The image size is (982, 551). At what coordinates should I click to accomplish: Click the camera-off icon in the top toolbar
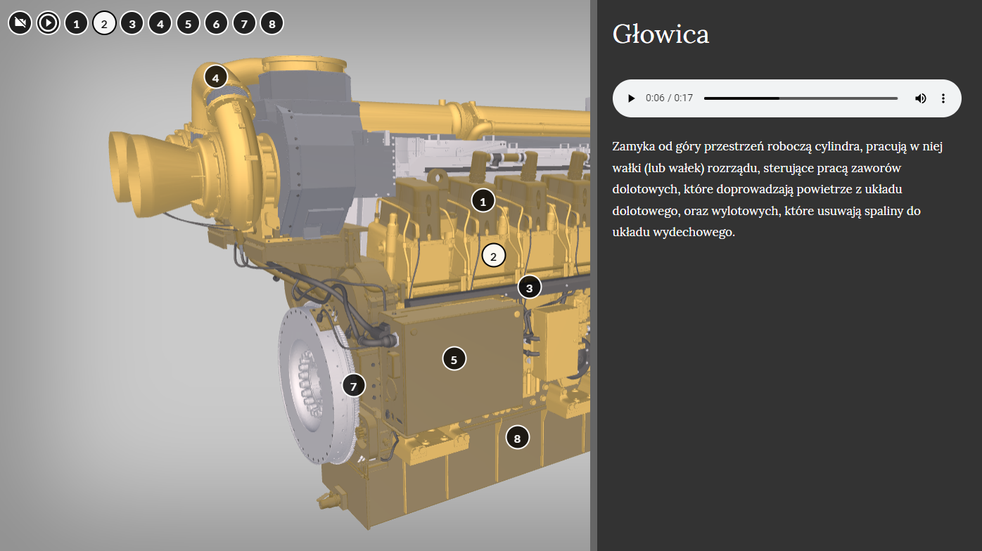[20, 22]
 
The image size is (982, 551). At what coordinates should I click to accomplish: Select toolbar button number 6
[216, 23]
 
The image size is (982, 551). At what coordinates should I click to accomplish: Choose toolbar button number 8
[272, 23]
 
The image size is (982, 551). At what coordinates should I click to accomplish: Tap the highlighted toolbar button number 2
[104, 23]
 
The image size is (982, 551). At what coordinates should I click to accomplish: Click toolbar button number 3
[132, 23]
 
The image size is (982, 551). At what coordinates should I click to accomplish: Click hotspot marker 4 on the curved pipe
[216, 77]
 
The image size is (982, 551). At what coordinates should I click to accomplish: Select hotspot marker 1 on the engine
[483, 201]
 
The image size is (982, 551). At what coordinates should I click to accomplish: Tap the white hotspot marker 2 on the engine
[494, 256]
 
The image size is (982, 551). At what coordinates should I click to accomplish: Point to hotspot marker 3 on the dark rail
[530, 287]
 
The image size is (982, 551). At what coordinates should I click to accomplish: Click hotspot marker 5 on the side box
[454, 359]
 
